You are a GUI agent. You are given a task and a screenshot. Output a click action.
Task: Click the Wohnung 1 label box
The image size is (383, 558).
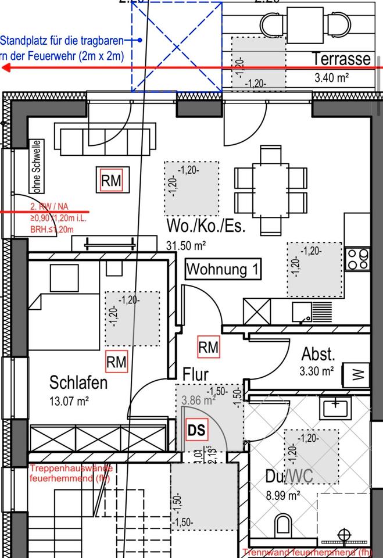[x=223, y=270]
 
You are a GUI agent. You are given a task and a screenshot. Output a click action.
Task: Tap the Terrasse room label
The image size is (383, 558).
[x=341, y=59]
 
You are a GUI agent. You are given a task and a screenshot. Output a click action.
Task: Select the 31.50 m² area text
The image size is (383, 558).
[x=187, y=246]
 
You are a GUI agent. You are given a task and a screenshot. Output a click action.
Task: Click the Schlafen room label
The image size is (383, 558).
[x=78, y=383]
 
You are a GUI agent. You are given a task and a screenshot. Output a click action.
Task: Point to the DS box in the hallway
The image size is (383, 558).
[x=196, y=431]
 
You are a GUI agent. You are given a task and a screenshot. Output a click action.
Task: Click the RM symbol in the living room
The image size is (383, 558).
[x=112, y=181]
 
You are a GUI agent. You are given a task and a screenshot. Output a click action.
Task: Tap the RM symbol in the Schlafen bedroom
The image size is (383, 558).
[x=116, y=362]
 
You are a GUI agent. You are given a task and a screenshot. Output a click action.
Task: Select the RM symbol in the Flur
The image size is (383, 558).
[x=208, y=348]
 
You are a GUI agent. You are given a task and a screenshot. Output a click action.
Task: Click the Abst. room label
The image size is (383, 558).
[x=318, y=354]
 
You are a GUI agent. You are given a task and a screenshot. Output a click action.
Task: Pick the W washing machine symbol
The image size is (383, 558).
[x=357, y=375]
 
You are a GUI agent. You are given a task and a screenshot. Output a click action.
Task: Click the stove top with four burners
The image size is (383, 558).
[x=357, y=259]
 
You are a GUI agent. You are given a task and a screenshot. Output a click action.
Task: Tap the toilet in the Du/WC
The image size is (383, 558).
[x=282, y=525]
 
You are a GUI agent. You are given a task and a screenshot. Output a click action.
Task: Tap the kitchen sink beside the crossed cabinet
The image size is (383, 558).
[x=302, y=312]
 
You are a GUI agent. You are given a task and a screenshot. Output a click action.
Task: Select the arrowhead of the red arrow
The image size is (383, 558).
[x=7, y=68]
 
